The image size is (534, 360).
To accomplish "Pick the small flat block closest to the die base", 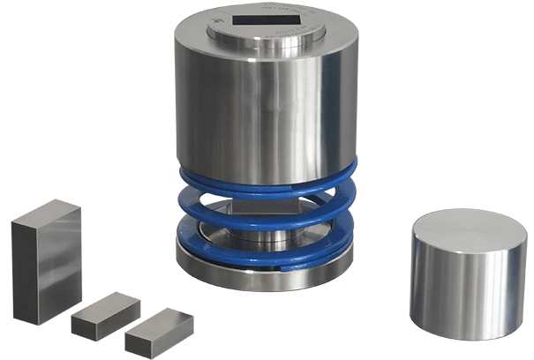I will [159, 331].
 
